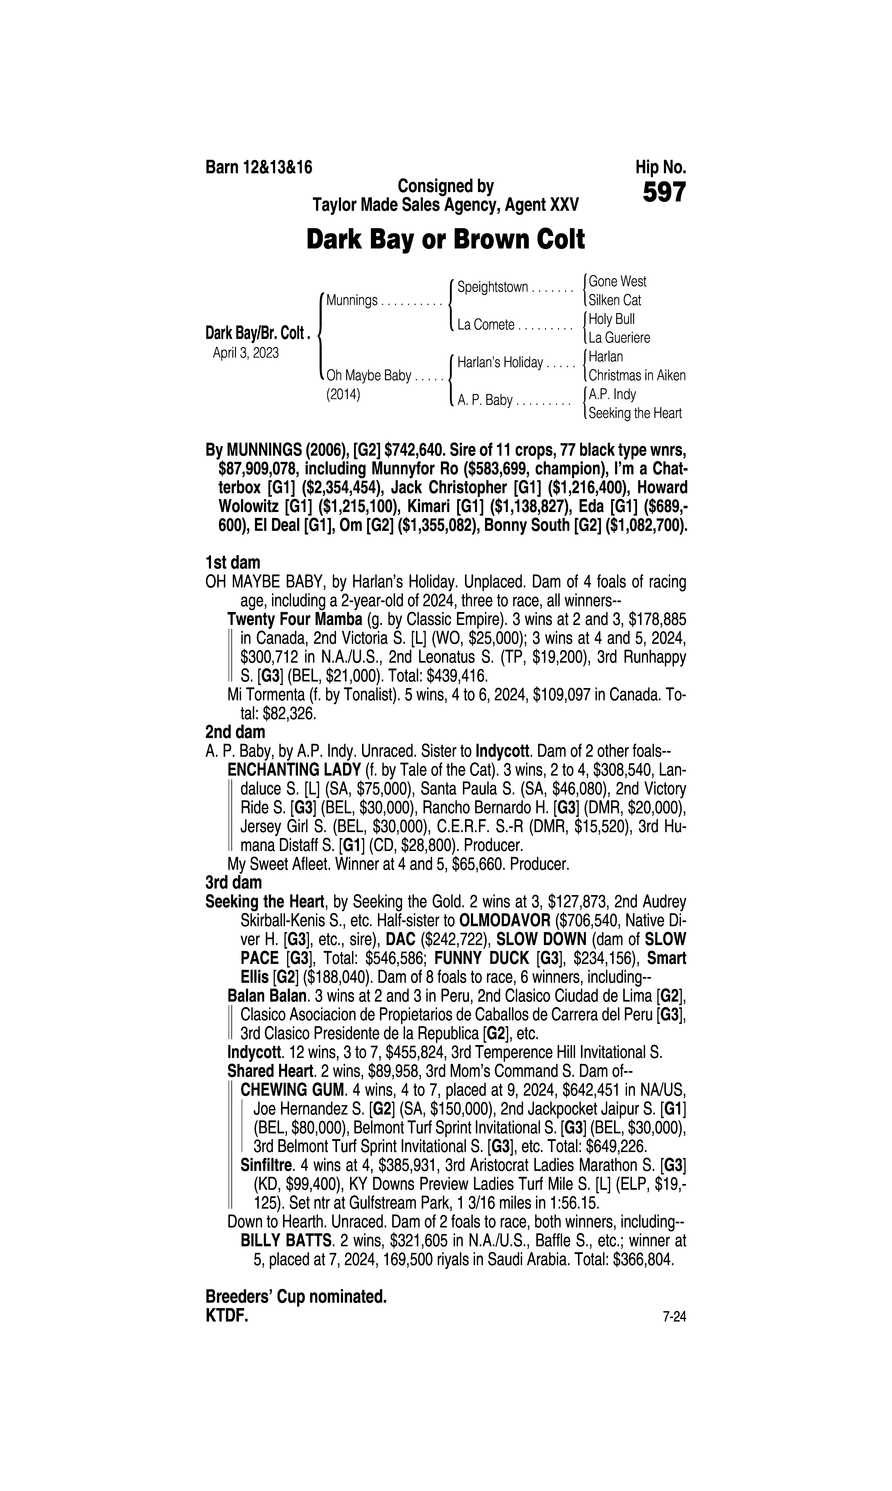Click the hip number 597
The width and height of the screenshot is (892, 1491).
(x=664, y=193)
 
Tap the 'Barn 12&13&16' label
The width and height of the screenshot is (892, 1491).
(x=259, y=167)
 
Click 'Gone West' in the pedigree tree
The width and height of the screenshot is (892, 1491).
(x=617, y=281)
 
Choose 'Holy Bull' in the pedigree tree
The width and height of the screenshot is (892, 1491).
(x=611, y=319)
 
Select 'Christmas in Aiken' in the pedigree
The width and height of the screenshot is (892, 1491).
(x=637, y=375)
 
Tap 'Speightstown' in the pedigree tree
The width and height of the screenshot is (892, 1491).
(x=492, y=287)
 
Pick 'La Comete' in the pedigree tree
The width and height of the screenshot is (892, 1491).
(x=486, y=325)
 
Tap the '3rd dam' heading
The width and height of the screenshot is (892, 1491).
(x=234, y=882)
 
